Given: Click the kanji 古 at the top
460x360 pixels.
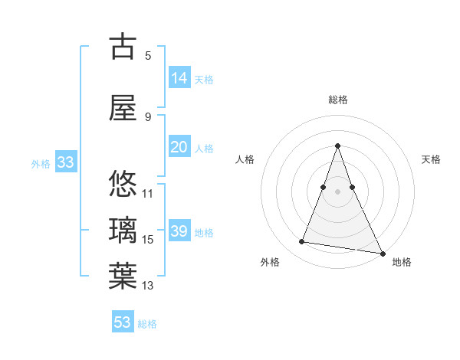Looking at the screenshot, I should pos(123,47).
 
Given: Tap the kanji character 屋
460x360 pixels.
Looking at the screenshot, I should pos(123,110).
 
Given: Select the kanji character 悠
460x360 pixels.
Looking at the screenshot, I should pos(123,185).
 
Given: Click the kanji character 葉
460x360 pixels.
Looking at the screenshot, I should pos(123,276).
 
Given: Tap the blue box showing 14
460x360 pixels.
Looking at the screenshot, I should pos(179,78).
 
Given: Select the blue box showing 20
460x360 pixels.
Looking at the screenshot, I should pos(179,147).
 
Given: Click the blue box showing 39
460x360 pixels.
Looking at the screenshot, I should pos(179,231).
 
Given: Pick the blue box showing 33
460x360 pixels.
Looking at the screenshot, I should pos(65,162).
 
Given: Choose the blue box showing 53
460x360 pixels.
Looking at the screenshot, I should pos(123,322).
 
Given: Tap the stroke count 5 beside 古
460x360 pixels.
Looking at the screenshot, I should pos(148,55).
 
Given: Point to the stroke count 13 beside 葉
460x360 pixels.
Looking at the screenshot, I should pos(148,286).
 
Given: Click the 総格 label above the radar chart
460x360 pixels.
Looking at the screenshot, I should pos(337,100).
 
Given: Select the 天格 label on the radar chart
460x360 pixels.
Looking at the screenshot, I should pos(432,159).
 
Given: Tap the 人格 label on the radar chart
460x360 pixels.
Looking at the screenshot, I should pos(245,159).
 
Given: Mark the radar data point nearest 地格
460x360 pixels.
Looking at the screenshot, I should pos(382,253).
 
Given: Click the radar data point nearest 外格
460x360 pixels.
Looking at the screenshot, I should pos(302,242).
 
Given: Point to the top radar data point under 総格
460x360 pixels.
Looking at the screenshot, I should pos(337,146).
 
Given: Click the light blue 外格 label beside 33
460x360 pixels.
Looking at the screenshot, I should pos(41,163).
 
